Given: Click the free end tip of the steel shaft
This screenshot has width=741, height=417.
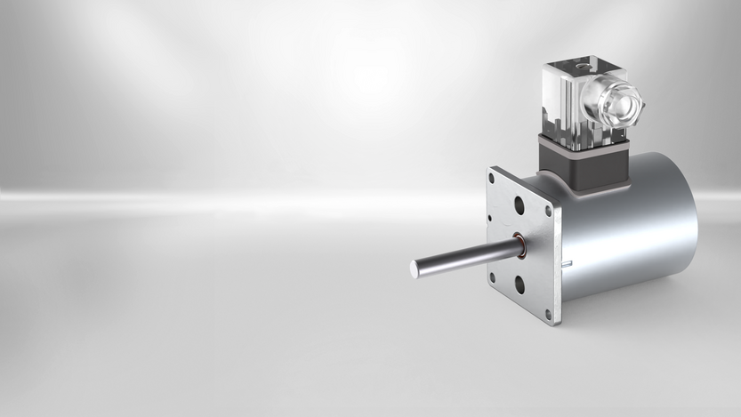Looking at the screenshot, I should (415, 267).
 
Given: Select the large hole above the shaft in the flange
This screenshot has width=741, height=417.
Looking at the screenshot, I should (519, 205).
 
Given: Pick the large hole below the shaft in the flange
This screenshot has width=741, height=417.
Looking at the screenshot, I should (519, 285).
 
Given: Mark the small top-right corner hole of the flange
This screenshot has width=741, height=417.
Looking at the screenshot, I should (548, 211).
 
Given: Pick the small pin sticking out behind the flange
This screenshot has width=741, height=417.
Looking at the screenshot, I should (566, 263).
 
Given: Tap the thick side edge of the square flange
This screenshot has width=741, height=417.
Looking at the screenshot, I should (557, 258).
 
